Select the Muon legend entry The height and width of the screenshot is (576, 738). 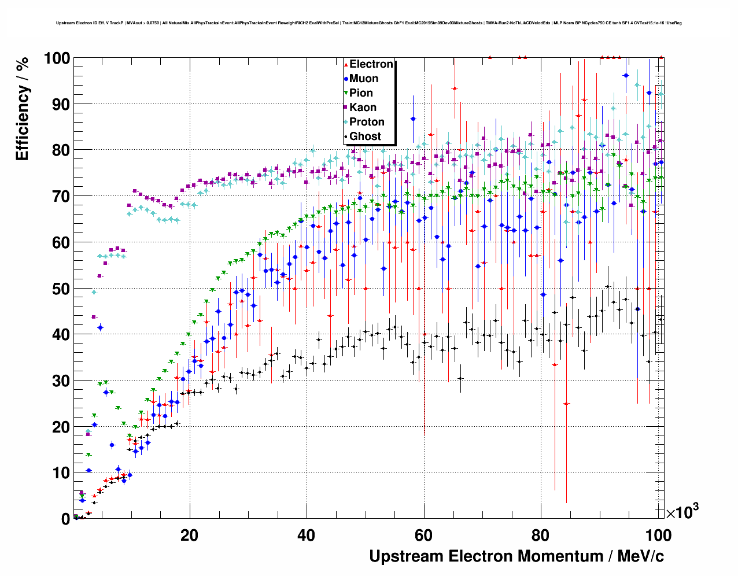click(x=364, y=79)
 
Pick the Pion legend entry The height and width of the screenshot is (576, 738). click(x=361, y=93)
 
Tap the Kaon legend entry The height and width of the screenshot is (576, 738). click(x=363, y=108)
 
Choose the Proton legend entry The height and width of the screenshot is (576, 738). click(x=367, y=122)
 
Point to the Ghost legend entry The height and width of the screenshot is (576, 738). click(x=365, y=136)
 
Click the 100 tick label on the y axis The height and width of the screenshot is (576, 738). click(x=57, y=58)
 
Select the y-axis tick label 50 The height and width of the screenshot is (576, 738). click(x=61, y=289)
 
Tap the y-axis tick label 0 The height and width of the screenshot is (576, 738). click(x=65, y=519)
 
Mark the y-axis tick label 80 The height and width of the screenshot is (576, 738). click(x=61, y=150)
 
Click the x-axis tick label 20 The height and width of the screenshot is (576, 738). click(x=189, y=535)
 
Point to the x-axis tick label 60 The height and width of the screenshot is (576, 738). click(x=424, y=535)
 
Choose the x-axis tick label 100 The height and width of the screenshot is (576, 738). click(x=658, y=535)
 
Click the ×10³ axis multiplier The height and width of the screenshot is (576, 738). click(x=682, y=512)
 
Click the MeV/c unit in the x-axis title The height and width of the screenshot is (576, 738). click(x=641, y=556)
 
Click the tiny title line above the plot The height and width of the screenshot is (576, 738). click(x=368, y=23)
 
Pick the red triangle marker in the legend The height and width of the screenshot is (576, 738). click(x=346, y=65)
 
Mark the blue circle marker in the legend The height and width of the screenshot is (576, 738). click(x=346, y=79)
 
